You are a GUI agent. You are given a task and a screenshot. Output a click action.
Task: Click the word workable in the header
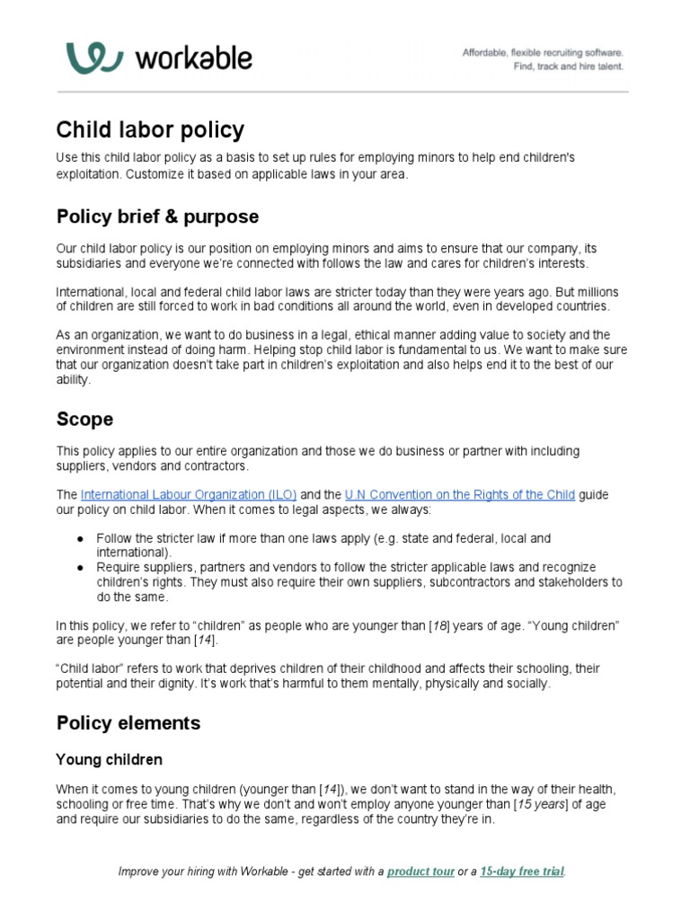[x=193, y=59]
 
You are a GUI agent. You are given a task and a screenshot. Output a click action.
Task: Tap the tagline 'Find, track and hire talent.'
[x=567, y=66]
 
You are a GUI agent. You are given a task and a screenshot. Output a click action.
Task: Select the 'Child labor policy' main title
[x=150, y=129]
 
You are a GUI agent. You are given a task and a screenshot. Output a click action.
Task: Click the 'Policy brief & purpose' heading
[x=157, y=217]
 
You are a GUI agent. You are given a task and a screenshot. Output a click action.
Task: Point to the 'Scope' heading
[x=84, y=420]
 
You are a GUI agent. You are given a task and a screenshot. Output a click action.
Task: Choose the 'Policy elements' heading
[x=128, y=723]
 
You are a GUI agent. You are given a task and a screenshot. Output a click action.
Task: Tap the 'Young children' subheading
[x=110, y=760]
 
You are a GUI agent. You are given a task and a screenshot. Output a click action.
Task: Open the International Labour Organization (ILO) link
[x=189, y=495]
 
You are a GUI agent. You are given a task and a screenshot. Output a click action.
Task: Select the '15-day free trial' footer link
[x=522, y=871]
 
